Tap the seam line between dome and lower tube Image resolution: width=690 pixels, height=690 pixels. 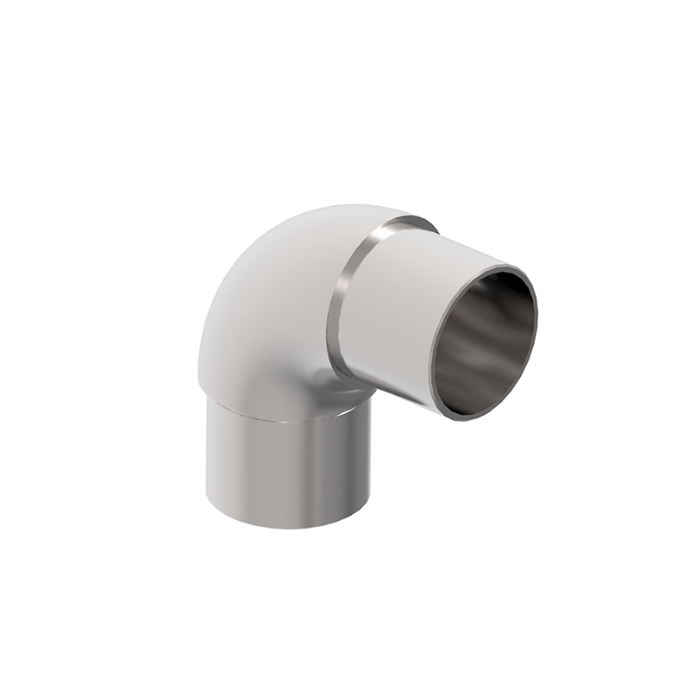[x=285, y=420]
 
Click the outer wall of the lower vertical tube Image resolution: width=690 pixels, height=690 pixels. [x=285, y=470]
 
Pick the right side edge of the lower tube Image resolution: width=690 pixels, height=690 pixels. [x=370, y=457]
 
